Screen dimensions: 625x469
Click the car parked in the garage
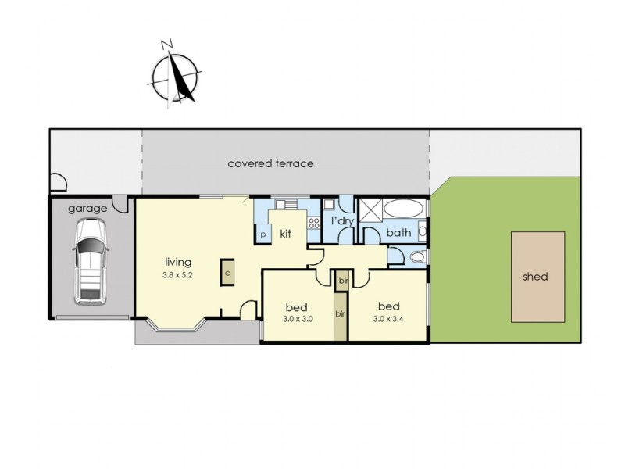91,262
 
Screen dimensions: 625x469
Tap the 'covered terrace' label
270,163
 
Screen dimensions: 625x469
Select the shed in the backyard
538,277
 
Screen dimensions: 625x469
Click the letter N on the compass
167,44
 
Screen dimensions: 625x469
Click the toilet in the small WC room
418,257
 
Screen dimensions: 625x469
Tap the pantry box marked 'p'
263,234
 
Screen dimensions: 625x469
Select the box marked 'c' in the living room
227,272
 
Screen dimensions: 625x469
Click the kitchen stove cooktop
314,224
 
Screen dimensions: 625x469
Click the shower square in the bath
370,210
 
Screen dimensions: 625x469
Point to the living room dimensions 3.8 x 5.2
177,275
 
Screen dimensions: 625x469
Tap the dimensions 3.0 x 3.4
388,319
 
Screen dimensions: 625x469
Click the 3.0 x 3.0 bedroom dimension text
298,319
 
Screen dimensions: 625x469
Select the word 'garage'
87,209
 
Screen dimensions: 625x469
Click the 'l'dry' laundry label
342,220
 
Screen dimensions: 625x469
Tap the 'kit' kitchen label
285,234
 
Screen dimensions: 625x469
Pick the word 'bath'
398,232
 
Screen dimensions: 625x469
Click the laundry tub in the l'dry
329,204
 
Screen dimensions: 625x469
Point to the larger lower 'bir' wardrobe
341,317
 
